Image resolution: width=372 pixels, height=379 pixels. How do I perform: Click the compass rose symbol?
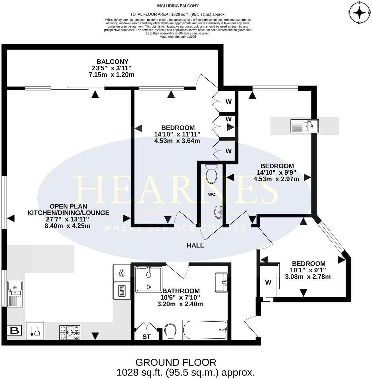point(360,13)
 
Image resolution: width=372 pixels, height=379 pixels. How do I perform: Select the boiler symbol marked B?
point(14,330)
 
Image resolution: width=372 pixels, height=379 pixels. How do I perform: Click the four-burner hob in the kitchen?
point(69,333)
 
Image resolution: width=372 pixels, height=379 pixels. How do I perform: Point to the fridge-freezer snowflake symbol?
point(122,273)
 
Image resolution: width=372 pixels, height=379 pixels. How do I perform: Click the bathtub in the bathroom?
point(205,330)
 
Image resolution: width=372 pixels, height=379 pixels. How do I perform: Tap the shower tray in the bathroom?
point(149,279)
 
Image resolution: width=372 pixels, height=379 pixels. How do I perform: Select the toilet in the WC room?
point(212,174)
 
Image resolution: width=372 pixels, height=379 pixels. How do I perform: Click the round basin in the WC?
point(218,212)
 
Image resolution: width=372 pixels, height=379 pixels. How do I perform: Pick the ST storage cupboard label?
point(147,337)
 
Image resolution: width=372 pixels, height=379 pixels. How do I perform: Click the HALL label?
point(195,245)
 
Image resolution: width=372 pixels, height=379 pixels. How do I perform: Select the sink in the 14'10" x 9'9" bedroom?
point(304,126)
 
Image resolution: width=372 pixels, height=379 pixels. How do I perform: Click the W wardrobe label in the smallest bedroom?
point(268,283)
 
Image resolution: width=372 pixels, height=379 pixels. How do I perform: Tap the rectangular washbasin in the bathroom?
point(221,282)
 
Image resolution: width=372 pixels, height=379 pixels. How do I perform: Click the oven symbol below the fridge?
point(122,290)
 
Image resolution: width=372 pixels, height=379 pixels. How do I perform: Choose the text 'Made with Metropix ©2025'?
point(178,37)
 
